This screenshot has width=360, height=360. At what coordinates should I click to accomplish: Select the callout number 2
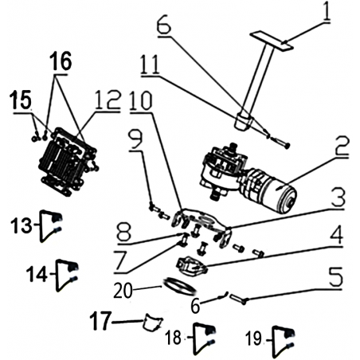[x=341, y=147]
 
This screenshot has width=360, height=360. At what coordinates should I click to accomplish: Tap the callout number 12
[x=108, y=100]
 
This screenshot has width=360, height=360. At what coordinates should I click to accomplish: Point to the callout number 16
[x=61, y=61]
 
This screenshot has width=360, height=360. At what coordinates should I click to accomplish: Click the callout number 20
[x=123, y=290]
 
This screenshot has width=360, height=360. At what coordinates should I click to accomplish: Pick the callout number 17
[x=100, y=321]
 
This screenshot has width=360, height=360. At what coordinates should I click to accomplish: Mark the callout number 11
[x=151, y=65]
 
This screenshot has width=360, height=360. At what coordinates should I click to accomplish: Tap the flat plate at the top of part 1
[x=271, y=41]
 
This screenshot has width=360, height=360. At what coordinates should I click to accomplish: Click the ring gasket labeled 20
[x=179, y=287]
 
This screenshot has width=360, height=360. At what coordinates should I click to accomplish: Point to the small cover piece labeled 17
[x=153, y=322]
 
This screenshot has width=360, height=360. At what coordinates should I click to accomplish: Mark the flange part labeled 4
[x=192, y=266]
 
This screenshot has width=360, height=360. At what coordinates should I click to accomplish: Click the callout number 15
[x=22, y=100]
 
